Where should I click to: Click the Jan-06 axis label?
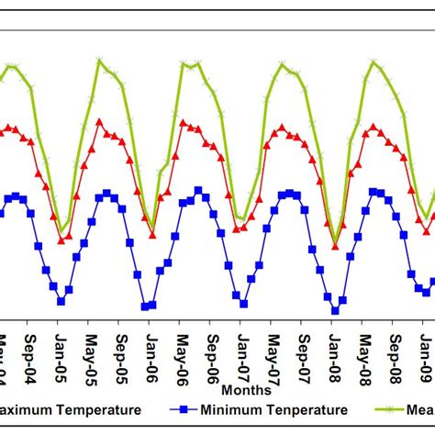point(150,348)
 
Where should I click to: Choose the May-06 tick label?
point(181,348)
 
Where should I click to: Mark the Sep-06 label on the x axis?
point(211,348)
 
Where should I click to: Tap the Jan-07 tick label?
point(241,348)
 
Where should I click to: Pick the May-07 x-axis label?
point(273,348)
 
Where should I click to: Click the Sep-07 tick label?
point(303,348)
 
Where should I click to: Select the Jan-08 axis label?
point(333,348)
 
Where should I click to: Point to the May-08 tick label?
point(364,348)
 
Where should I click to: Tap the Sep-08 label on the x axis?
point(395,348)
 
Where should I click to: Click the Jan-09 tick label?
point(425,348)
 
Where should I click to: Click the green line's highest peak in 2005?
point(99,61)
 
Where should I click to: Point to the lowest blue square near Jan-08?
point(335,310)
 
